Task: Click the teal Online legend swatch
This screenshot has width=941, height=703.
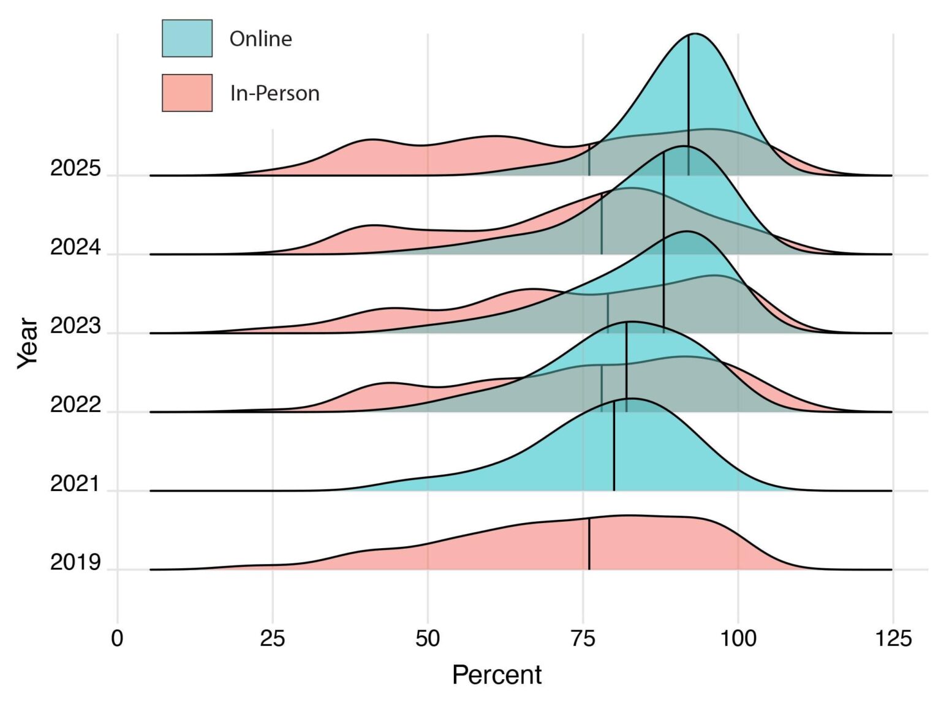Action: pos(187,38)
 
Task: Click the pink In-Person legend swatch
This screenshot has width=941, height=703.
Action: pos(187,93)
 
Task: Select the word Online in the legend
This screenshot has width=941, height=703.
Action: pos(260,39)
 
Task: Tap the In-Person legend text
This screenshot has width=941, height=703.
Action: pos(274,93)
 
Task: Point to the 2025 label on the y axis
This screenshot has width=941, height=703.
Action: pos(75,168)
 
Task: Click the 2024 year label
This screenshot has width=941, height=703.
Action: pos(75,247)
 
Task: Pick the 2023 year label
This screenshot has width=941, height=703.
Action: pos(75,326)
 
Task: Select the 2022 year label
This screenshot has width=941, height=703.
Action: pos(75,405)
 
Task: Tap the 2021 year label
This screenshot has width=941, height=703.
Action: pos(75,484)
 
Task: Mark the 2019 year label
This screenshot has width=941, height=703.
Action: pos(75,562)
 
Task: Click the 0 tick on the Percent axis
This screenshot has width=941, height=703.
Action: pos(117,639)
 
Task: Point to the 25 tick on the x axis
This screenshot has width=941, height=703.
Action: pos(272,639)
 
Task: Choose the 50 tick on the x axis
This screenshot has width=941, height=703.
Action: pos(428,639)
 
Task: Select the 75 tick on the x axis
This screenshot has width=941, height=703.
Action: pos(583,639)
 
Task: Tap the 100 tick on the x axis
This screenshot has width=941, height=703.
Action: pos(738,639)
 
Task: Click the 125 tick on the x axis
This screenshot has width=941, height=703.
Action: pos(893,639)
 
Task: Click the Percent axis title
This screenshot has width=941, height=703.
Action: pos(497,675)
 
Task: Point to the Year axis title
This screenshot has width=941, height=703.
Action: pos(28,343)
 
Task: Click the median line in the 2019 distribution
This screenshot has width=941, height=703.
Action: pos(589,544)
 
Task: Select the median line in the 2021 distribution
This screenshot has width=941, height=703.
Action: pos(614,447)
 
